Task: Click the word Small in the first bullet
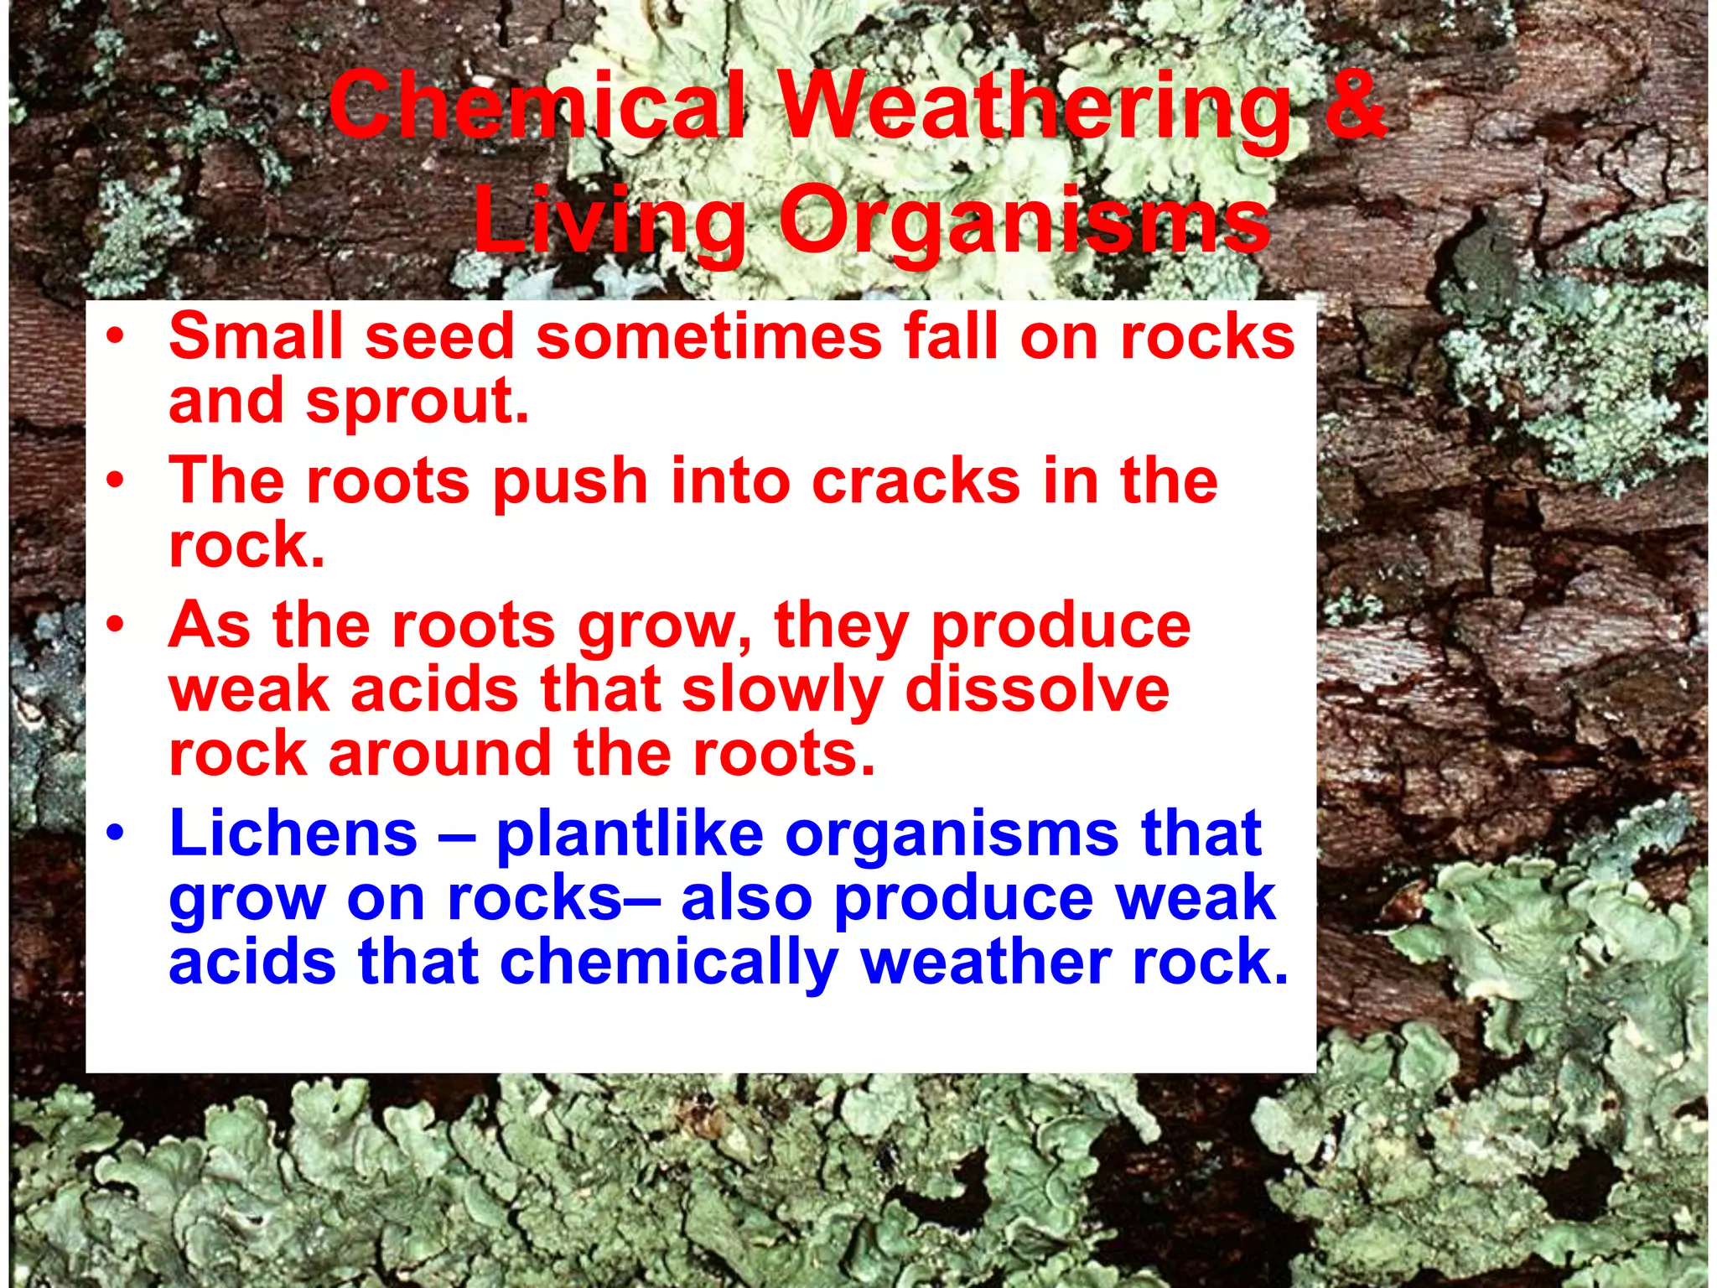coord(256,335)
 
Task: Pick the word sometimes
coord(708,335)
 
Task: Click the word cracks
coord(916,481)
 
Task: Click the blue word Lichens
coord(293,834)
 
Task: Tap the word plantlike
coord(630,834)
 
